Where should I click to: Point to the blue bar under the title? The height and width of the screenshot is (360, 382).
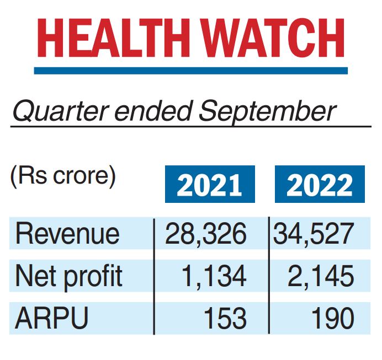[x=191, y=71]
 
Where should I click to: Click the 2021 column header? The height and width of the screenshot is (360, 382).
[x=209, y=186]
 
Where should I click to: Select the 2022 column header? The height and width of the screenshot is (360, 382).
[x=320, y=186]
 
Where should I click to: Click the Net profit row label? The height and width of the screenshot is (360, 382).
[x=68, y=276]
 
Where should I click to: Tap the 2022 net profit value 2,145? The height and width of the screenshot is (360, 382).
[x=321, y=276]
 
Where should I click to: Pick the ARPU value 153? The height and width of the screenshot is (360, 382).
[x=223, y=318]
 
